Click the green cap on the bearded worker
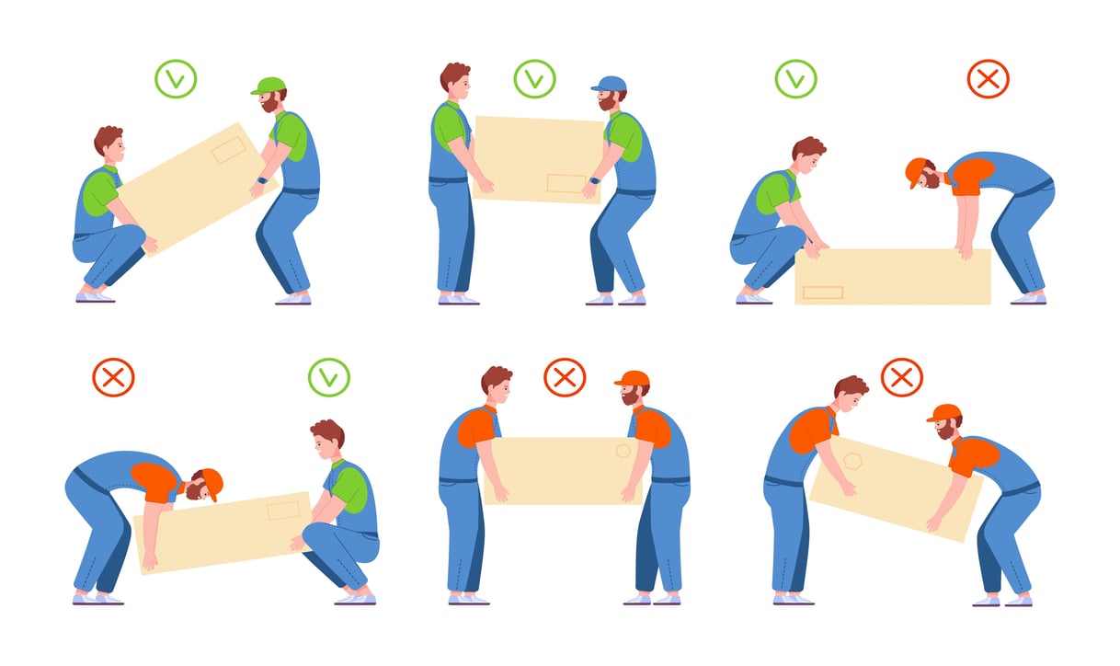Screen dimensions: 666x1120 (269, 86)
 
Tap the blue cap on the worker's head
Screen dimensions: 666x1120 (609, 85)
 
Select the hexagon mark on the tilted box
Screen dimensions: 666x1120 (853, 461)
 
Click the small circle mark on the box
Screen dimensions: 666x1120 (623, 452)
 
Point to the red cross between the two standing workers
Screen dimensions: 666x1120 (565, 377)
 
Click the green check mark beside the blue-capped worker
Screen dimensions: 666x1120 (535, 79)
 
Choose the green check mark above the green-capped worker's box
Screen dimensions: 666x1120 (176, 79)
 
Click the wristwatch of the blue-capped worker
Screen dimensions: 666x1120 (592, 181)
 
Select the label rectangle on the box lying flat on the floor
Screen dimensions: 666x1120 (822, 293)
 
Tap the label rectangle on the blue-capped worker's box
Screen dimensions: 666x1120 (566, 183)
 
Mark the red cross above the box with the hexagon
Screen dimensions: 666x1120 (902, 377)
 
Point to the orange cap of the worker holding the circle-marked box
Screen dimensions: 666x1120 (633, 378)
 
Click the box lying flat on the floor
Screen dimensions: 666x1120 (892, 276)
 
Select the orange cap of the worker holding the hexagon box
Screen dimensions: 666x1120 (944, 412)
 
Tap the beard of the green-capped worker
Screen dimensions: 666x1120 (269, 105)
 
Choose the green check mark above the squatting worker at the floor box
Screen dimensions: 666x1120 (795, 79)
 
